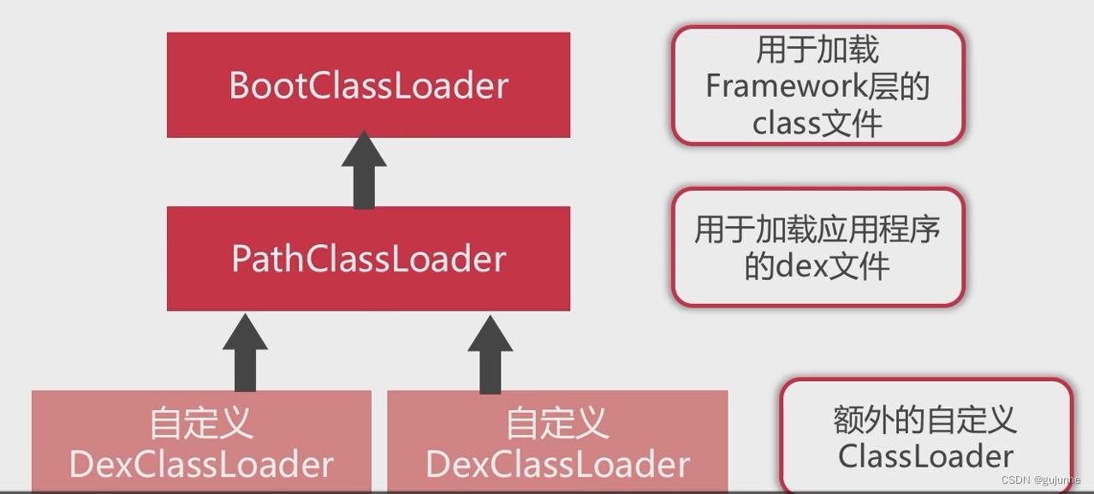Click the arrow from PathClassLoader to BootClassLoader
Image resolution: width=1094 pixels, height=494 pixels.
[364, 171]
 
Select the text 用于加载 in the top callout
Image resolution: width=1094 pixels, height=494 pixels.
[818, 50]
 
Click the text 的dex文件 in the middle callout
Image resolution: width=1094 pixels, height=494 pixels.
[818, 267]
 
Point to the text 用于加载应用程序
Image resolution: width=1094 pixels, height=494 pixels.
[818, 229]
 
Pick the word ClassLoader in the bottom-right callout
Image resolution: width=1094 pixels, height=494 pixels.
[926, 456]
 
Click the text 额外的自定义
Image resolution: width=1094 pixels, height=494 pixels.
[926, 420]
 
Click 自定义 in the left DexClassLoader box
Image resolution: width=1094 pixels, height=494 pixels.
[201, 423]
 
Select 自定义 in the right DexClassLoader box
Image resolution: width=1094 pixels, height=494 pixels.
[557, 423]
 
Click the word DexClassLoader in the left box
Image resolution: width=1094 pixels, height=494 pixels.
[201, 465]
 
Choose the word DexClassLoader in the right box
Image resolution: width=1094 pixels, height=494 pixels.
[557, 465]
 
